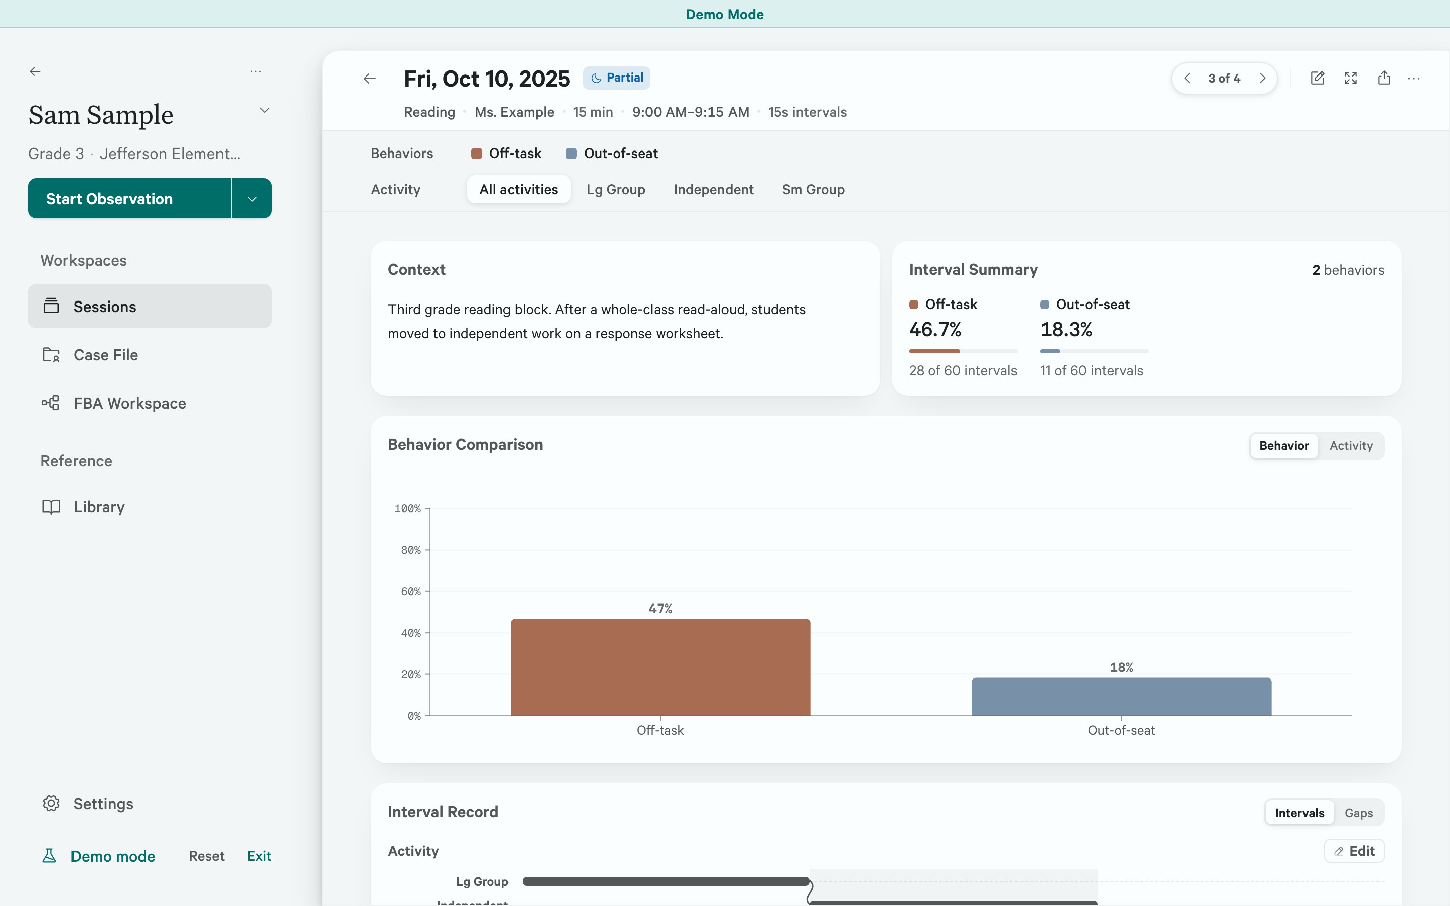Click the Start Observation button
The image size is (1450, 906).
tap(129, 198)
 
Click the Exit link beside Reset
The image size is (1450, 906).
tap(259, 856)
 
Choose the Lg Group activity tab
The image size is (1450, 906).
tap(615, 189)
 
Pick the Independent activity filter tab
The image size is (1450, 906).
tap(713, 189)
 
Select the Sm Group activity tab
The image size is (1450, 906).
tap(813, 189)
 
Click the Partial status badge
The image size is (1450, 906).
tap(617, 78)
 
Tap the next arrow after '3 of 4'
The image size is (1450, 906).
tap(1263, 79)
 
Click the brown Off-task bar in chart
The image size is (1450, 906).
tap(660, 667)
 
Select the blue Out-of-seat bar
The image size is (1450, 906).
tap(1121, 696)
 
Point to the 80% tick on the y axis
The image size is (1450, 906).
tap(411, 550)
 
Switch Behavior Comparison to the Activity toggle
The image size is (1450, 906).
tap(1350, 446)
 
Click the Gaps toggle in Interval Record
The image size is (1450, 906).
tap(1358, 813)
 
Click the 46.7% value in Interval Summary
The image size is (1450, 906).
tap(935, 329)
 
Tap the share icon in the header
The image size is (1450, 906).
tap(1384, 78)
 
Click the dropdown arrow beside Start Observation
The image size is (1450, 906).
tap(252, 198)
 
